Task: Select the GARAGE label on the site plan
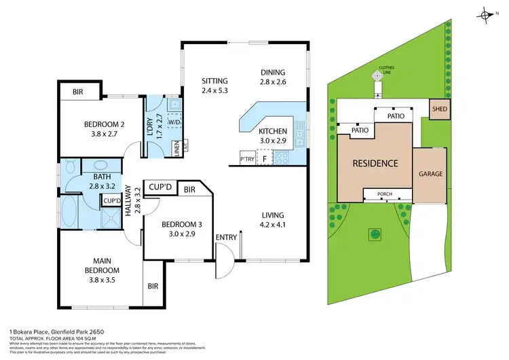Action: [x=430, y=174]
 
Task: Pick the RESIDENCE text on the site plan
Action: [x=375, y=164]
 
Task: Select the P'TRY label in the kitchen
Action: [x=246, y=160]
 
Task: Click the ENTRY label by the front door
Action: [x=224, y=236]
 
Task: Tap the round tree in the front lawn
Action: [x=374, y=234]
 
